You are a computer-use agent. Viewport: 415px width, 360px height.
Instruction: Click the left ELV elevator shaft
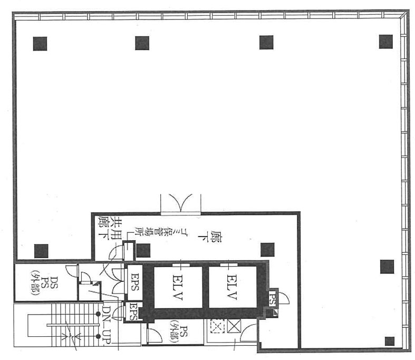coord(178,287)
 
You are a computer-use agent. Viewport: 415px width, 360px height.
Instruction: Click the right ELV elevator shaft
coord(233,287)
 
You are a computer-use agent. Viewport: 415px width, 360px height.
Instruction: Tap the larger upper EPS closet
coord(134,282)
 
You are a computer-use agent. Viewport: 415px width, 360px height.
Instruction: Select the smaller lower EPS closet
coord(132,311)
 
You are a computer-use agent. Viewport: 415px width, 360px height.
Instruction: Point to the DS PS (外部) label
coord(44,282)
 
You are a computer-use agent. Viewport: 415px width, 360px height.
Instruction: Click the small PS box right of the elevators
coord(272,298)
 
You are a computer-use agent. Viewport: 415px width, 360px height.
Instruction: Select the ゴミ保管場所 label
coord(146,231)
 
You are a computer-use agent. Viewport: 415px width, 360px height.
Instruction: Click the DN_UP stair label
coord(106,324)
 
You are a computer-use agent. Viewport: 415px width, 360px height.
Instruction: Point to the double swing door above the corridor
coord(181,203)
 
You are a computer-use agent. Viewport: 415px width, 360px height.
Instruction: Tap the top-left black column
coord(40,43)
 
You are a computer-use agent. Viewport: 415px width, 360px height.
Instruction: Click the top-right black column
coord(385,42)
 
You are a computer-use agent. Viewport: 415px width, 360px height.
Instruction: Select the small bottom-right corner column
coord(389,341)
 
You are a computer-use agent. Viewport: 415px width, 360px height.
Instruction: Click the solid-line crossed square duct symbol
coord(234,326)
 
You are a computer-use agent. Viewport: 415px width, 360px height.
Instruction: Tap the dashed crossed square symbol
coord(217,326)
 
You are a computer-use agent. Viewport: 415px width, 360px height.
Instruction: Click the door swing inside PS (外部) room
coord(155,336)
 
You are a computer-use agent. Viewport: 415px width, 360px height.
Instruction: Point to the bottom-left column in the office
coord(41,251)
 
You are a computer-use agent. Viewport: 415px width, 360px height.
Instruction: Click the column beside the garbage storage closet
coord(143,251)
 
